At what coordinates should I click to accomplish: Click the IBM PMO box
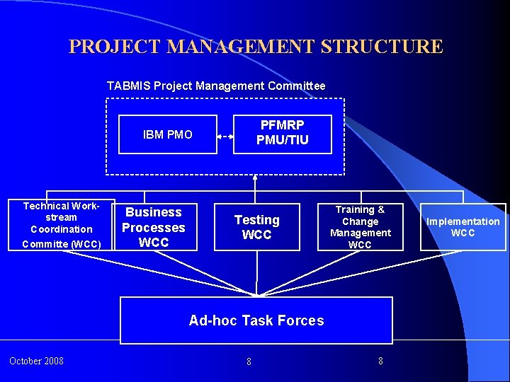coord(167,134)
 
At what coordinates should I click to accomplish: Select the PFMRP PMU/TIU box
coord(282,134)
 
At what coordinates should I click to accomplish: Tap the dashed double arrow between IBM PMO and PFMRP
coord(225,134)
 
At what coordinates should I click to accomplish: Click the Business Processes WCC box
coord(153,227)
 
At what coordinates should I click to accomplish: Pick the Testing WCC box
coord(256,227)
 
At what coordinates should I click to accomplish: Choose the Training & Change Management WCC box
coord(360,227)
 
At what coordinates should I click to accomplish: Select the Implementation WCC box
coord(463,227)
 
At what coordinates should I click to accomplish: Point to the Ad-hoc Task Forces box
coord(256,320)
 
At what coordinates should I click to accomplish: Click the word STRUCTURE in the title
coord(382,47)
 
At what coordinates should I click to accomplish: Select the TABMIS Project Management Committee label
coord(216,86)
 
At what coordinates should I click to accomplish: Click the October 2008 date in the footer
coord(36,361)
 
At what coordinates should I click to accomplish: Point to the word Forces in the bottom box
coord(300,320)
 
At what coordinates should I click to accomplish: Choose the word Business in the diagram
coord(153,212)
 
